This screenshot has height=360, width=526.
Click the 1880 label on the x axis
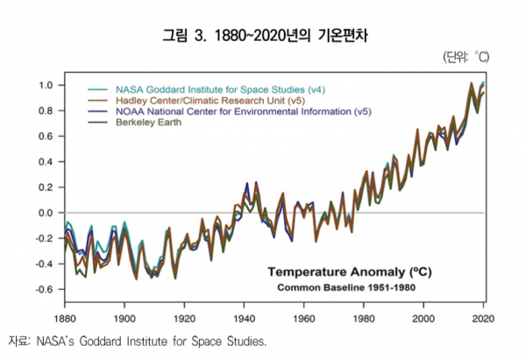[65, 318]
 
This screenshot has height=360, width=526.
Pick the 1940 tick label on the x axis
[244, 318]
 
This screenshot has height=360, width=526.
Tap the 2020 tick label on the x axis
[483, 318]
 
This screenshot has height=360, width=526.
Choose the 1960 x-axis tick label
[303, 318]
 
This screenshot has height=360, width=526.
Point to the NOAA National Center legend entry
[236, 112]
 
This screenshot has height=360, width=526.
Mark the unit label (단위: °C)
[466, 57]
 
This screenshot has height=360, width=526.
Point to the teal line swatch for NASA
[100, 89]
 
